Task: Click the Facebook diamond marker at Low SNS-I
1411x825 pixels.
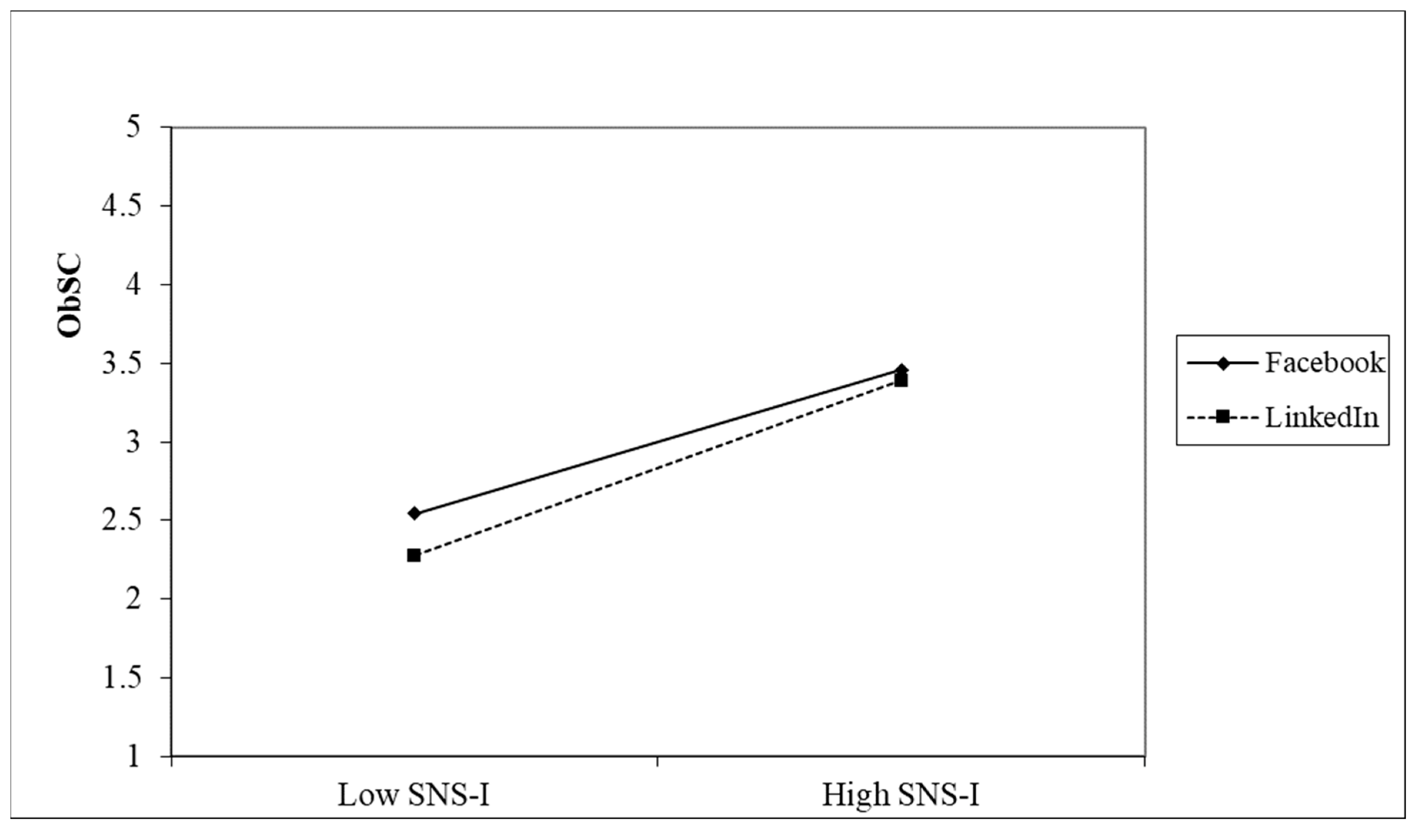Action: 414,513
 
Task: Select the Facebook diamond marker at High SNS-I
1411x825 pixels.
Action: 902,370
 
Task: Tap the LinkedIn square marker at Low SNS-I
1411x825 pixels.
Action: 414,556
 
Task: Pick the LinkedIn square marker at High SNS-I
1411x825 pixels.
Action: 901,381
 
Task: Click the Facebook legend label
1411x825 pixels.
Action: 1324,363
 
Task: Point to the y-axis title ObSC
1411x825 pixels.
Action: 70,295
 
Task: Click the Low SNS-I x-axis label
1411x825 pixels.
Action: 413,795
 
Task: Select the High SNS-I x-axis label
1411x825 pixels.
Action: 900,795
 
